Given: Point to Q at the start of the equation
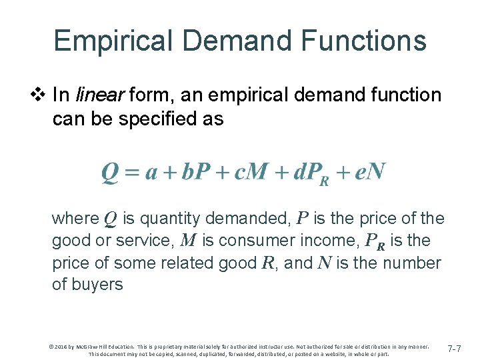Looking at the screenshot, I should click(x=109, y=173).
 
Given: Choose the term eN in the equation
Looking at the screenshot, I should click(x=369, y=173).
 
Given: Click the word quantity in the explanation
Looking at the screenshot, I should click(x=172, y=219).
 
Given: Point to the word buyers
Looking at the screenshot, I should click(x=97, y=285).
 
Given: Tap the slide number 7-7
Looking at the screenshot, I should click(x=455, y=349).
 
